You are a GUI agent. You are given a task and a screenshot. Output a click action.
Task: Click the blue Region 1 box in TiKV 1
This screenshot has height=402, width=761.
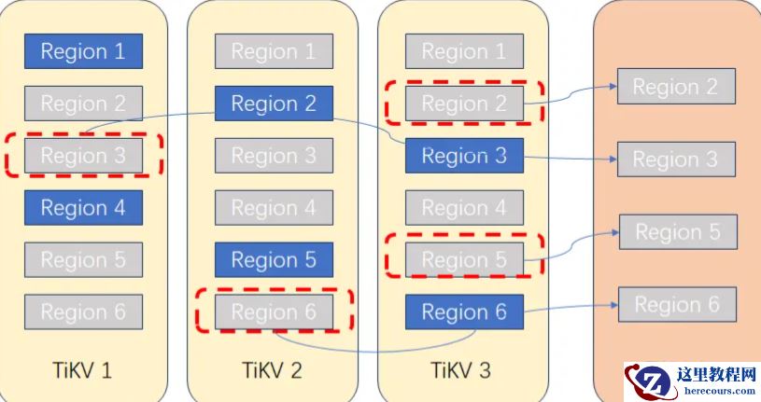(x=83, y=51)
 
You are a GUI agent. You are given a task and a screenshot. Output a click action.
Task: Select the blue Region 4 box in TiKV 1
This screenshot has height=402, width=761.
(x=83, y=207)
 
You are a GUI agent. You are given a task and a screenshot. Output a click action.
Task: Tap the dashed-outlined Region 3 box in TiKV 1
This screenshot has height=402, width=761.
(x=83, y=156)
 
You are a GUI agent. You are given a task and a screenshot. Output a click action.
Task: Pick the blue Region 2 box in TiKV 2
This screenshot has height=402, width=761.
(x=274, y=104)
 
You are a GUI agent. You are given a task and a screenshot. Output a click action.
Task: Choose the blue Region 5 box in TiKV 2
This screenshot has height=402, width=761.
(x=274, y=259)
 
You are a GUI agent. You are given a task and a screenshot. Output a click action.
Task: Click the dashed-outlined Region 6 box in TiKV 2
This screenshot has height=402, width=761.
(x=274, y=312)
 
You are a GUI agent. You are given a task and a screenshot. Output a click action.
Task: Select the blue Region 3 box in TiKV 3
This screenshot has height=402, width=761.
(x=464, y=156)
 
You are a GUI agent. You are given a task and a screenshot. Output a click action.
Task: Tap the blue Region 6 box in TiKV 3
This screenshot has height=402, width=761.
(x=464, y=312)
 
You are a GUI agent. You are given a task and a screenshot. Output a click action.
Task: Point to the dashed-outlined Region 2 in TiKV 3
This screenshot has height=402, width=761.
(x=464, y=104)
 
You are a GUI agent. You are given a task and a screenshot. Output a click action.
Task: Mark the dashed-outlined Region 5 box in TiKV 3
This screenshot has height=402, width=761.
(x=464, y=259)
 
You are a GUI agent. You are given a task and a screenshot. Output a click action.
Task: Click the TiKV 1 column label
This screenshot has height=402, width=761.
(x=82, y=370)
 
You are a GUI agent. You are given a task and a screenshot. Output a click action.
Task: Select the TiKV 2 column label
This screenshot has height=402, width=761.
(x=273, y=370)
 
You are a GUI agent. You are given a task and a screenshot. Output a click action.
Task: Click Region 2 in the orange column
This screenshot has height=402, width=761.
(x=676, y=87)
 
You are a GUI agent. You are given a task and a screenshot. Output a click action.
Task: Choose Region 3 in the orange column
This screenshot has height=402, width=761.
(x=676, y=159)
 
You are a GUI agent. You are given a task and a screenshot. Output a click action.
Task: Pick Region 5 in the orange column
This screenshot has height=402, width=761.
(x=678, y=232)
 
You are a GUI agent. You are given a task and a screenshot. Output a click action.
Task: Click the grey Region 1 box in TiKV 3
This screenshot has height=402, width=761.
(x=464, y=51)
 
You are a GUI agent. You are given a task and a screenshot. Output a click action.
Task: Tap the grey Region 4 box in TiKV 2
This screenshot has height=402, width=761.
(x=274, y=207)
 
